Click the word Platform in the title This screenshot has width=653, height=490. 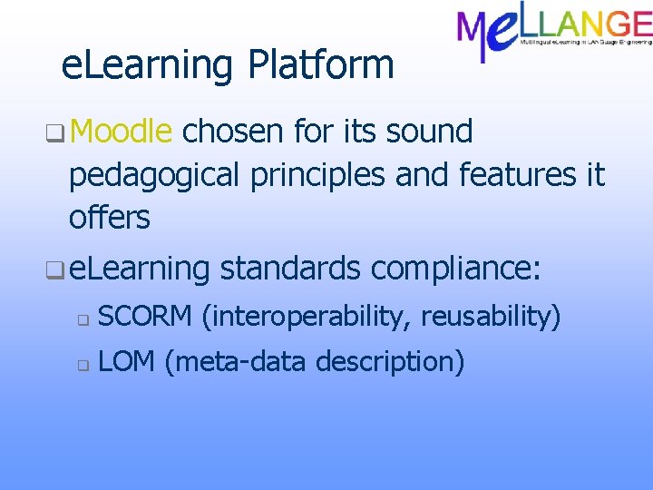pyautogui.click(x=321, y=65)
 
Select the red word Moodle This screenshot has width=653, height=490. pyautogui.click(x=121, y=132)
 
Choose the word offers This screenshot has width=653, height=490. pyautogui.click(x=109, y=218)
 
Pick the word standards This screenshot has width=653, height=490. pyautogui.click(x=290, y=269)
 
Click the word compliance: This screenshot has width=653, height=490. pyautogui.click(x=456, y=269)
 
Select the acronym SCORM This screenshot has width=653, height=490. pyautogui.click(x=144, y=317)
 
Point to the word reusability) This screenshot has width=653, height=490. pyautogui.click(x=492, y=317)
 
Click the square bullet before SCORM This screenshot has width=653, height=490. pyautogui.click(x=82, y=319)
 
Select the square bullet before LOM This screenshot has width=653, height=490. pyautogui.click(x=82, y=366)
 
